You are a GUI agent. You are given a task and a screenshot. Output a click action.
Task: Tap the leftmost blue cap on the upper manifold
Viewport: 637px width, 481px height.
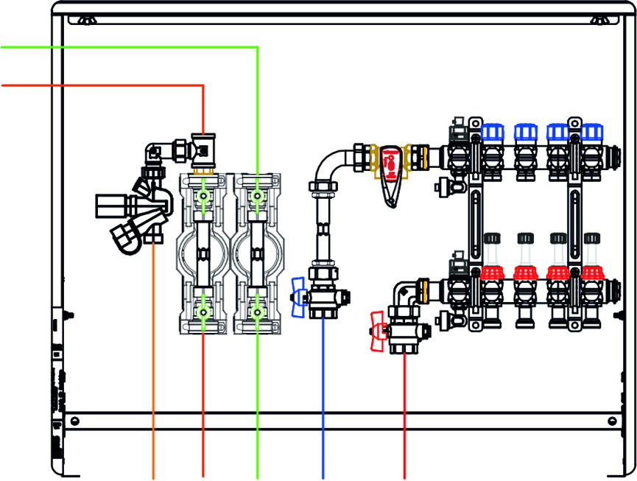tap(492, 132)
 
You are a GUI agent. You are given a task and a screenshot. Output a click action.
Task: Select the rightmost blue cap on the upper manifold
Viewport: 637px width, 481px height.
tap(591, 132)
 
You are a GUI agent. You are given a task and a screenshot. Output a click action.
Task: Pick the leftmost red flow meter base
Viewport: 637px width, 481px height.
tap(492, 273)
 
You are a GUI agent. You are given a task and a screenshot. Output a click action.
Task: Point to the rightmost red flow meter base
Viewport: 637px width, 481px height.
tap(592, 273)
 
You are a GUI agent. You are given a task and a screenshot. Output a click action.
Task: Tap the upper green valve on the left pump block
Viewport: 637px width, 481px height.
tap(203, 197)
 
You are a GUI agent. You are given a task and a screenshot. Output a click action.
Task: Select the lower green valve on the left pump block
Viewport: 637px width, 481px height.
tap(203, 313)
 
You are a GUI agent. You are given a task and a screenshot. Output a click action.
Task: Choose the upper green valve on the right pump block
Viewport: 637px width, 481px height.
tap(257, 197)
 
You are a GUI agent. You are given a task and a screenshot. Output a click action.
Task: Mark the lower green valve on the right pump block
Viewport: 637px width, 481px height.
tap(257, 313)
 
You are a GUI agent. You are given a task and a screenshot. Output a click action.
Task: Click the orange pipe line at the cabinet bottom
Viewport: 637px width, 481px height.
tap(153, 442)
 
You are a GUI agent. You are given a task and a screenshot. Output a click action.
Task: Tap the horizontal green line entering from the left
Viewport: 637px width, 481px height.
tap(110, 46)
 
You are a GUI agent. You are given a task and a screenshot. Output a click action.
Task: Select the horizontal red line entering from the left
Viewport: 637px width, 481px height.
tap(88, 85)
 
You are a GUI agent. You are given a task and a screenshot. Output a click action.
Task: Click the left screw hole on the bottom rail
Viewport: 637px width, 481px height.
tap(74, 421)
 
